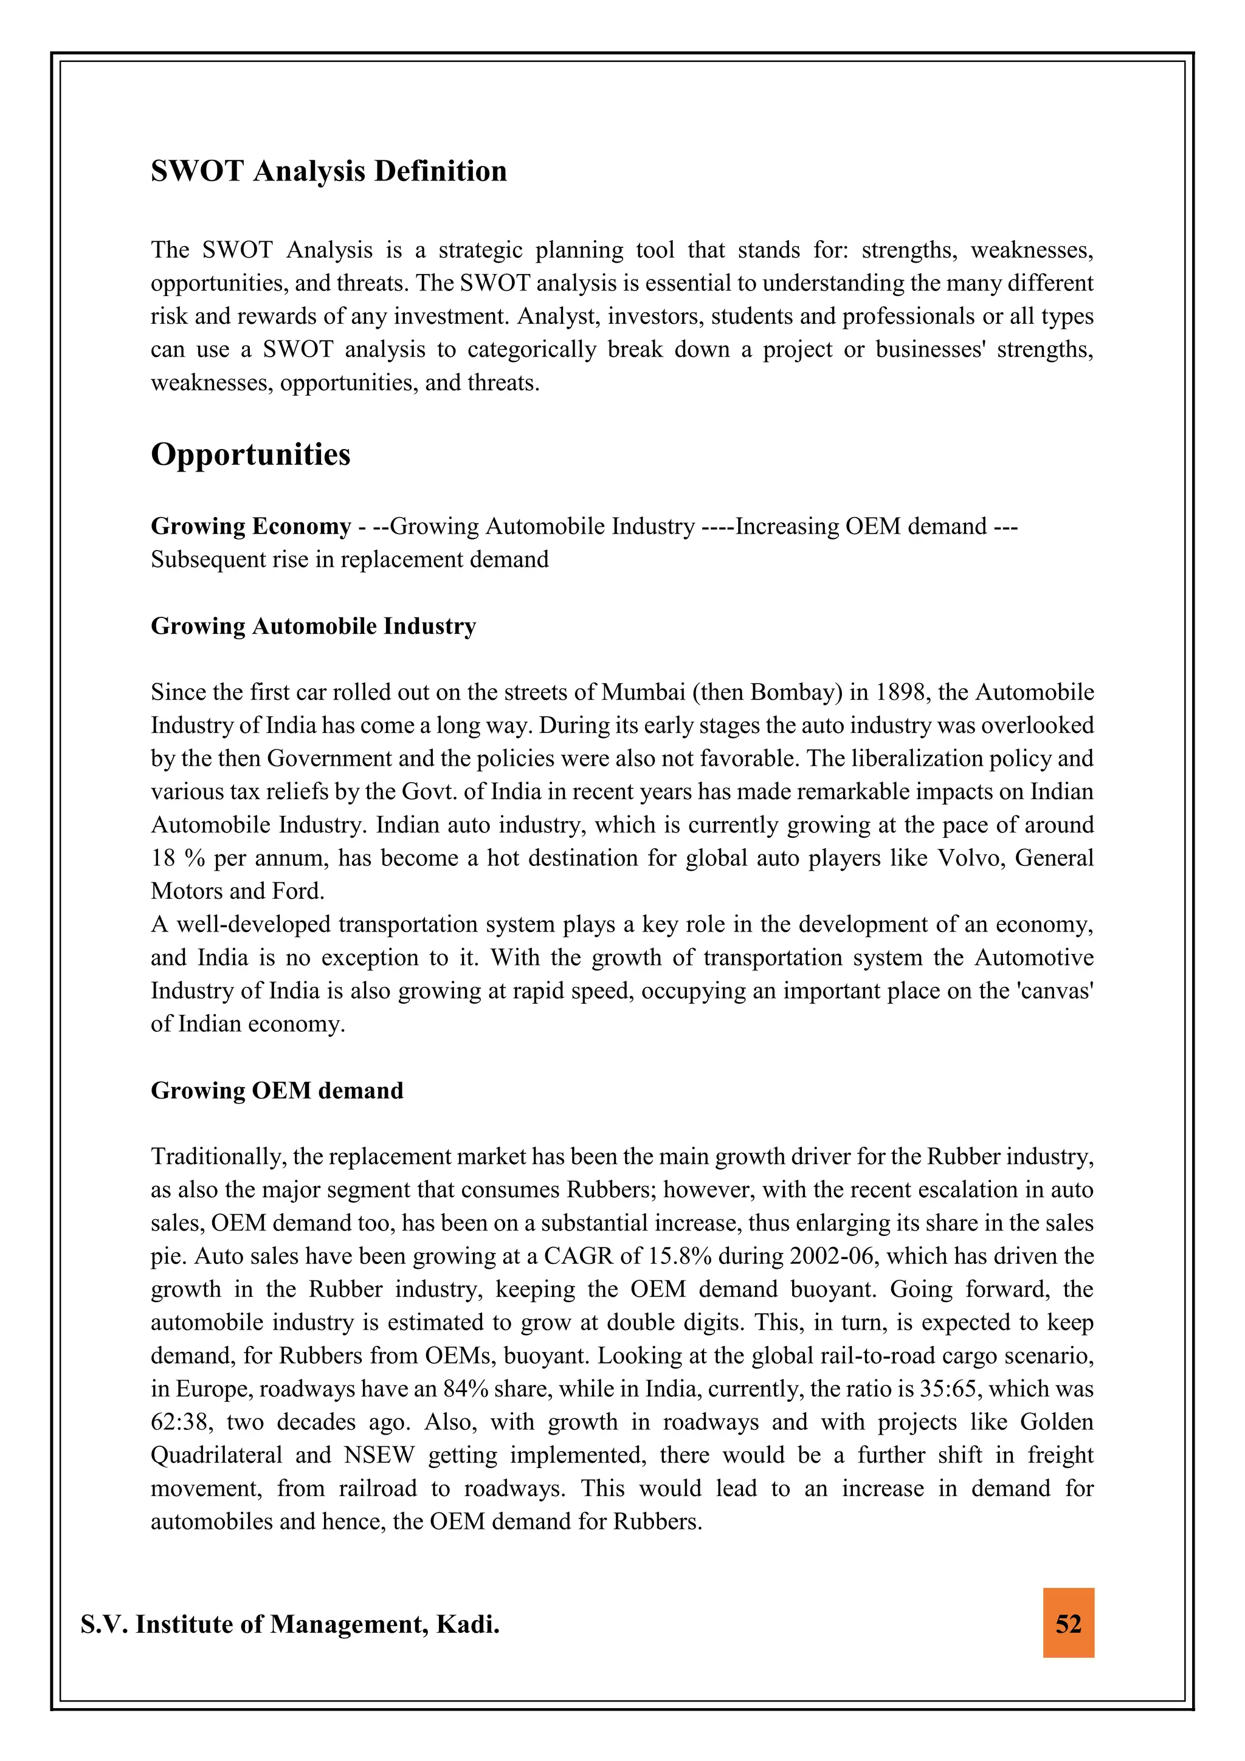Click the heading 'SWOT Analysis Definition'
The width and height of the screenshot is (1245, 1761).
point(328,171)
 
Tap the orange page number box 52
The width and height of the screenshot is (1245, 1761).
point(1068,1624)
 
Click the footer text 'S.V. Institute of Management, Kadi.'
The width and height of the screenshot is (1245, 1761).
point(290,1624)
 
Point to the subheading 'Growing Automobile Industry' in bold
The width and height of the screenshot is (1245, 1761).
point(313,626)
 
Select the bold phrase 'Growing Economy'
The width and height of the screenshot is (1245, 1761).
point(251,526)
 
